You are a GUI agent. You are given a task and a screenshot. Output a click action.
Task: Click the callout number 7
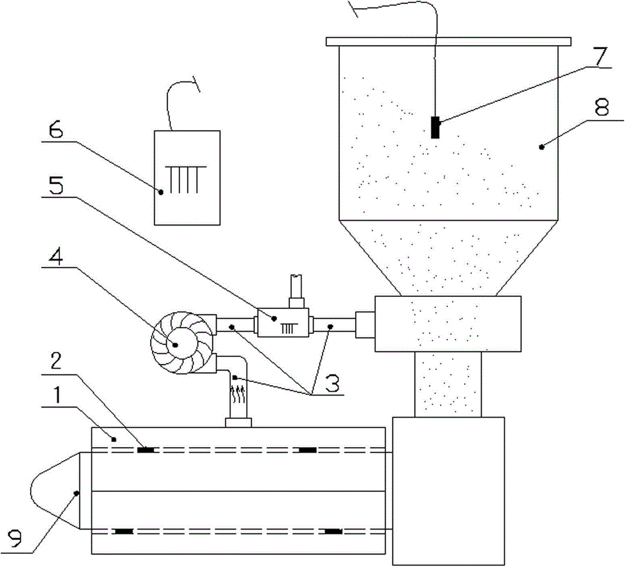600,58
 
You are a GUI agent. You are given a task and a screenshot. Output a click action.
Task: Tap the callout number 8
602,108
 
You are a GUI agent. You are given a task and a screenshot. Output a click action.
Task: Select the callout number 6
56,129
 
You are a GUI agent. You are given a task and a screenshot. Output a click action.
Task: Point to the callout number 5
56,186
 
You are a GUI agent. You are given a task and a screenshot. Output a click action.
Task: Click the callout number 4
56,258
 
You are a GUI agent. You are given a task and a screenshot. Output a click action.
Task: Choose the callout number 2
55,361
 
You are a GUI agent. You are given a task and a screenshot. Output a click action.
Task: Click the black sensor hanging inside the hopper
435,128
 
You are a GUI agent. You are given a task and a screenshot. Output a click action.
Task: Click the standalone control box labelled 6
187,178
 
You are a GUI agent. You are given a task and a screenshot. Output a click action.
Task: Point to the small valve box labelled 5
283,322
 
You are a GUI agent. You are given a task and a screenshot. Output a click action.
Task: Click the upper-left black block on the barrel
146,450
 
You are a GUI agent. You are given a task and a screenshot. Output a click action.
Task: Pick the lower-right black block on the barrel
334,531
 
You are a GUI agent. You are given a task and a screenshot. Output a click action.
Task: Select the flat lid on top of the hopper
448,41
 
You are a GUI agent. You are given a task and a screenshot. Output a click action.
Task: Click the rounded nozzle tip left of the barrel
55,491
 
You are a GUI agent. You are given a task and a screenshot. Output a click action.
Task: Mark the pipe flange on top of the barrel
238,423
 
